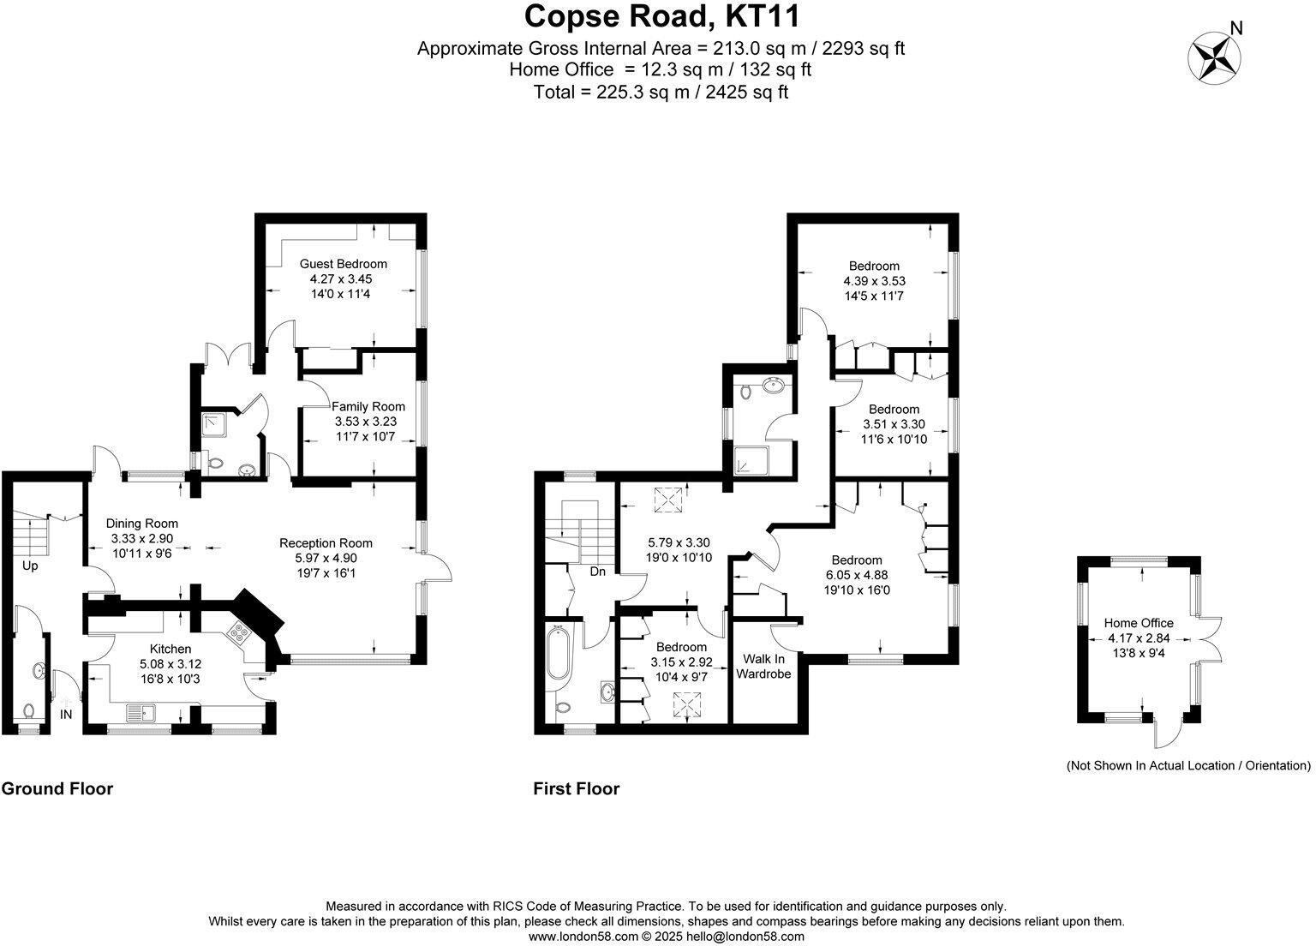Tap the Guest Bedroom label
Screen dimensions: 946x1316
343,264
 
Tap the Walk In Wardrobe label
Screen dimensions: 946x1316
763,666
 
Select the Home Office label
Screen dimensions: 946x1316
1139,623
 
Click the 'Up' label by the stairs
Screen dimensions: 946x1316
30,566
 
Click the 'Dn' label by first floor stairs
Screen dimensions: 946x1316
598,571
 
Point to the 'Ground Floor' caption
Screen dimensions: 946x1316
57,788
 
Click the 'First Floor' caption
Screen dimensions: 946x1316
576,788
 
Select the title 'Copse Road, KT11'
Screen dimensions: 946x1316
661,16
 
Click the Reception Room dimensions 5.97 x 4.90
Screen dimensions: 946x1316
326,558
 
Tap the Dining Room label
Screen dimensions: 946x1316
142,524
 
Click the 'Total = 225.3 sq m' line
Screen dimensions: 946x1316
661,92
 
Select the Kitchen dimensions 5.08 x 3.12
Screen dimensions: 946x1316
170,664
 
